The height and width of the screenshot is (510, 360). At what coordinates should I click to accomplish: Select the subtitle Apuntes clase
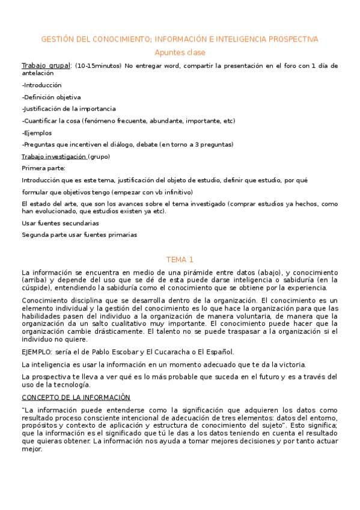(180, 53)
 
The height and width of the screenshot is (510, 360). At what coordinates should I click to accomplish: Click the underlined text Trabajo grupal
(46, 65)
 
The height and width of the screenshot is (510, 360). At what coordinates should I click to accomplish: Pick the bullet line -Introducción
(41, 85)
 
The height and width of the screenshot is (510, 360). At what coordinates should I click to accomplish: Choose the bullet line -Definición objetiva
(51, 97)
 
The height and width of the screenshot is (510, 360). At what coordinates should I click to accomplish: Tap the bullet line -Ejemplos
(37, 133)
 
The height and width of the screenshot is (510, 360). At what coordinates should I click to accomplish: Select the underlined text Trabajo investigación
(54, 156)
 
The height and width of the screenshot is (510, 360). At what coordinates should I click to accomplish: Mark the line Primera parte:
(44, 168)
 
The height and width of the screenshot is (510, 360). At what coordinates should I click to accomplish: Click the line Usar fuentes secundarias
(60, 223)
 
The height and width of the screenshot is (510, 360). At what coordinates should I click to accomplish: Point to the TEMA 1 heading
(180, 260)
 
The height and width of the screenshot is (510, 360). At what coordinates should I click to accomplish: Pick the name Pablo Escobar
(126, 352)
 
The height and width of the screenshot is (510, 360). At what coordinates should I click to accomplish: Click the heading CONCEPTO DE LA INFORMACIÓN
(76, 397)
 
